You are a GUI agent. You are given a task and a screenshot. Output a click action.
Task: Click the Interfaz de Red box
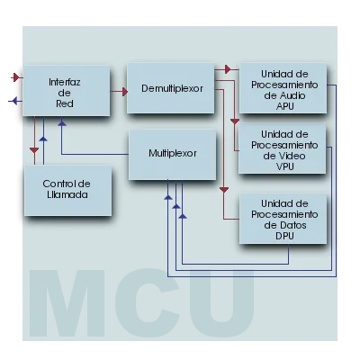67,91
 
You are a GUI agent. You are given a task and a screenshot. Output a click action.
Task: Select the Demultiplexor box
171,88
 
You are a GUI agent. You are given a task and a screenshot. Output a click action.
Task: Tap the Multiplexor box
173,155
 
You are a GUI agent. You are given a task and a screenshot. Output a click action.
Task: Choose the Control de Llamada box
68,191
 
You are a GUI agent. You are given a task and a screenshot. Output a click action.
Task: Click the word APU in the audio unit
284,106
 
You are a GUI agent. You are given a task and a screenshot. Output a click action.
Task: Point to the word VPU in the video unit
284,166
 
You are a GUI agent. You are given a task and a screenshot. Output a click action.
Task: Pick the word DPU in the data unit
284,236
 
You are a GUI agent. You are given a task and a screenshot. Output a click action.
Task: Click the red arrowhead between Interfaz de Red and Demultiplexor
125,91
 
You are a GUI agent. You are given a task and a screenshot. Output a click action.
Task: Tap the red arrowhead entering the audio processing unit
228,69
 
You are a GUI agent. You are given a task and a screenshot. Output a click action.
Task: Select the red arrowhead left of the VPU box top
235,121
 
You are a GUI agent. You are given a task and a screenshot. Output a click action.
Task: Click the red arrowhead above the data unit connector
224,190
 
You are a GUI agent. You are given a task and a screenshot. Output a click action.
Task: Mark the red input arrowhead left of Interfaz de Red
16,77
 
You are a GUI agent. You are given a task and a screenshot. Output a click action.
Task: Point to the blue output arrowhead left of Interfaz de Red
13,101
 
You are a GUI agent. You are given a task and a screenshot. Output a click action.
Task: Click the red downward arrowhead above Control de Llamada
34,150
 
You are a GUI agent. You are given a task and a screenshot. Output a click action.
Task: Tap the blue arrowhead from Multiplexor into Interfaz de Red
62,122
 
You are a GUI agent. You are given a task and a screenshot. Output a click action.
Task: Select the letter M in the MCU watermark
67,303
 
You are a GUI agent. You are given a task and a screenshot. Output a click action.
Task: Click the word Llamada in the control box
67,194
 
